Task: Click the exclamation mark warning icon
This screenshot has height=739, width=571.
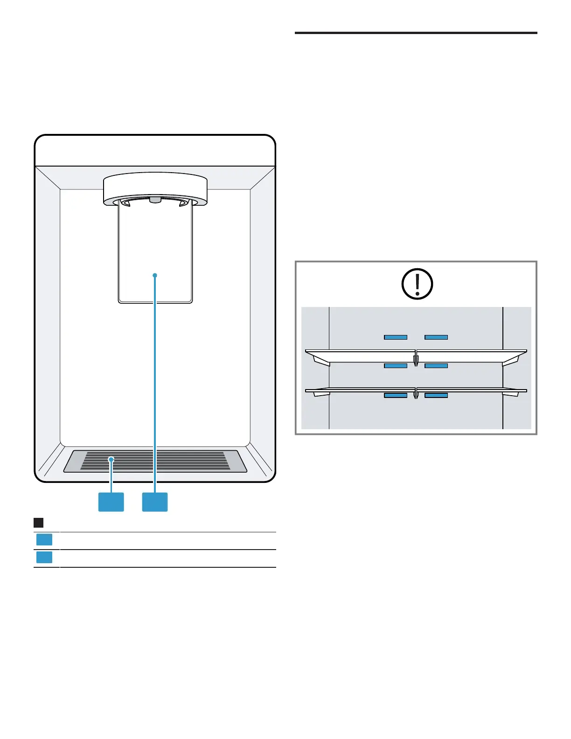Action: [x=417, y=284]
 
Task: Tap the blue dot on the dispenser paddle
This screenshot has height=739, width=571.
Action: [x=155, y=275]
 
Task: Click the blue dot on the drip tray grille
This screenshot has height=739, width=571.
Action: [x=111, y=460]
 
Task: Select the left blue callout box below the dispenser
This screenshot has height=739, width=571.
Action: [x=111, y=502]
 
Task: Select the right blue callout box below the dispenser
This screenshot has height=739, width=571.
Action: [x=155, y=502]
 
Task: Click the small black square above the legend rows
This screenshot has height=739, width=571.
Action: [x=39, y=523]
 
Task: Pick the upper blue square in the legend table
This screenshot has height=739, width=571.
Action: [x=44, y=540]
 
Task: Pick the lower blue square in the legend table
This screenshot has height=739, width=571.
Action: [x=44, y=557]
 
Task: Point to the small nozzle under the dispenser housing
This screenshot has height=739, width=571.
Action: [x=155, y=200]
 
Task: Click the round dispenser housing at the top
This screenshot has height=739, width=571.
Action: [x=155, y=187]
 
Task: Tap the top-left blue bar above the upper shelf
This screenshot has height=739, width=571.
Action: [x=396, y=337]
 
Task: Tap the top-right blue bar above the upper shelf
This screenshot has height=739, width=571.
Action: [x=436, y=337]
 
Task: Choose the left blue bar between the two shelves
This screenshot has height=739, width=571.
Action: [x=396, y=366]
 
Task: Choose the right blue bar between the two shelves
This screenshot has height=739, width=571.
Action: [x=436, y=366]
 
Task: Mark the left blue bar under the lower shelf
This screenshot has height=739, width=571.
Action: [x=396, y=395]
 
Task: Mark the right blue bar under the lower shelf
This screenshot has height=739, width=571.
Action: [x=436, y=395]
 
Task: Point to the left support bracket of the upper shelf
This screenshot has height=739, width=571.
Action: [x=321, y=361]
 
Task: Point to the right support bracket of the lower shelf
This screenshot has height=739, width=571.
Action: [x=510, y=394]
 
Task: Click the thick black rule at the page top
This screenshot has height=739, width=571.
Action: [x=416, y=33]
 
